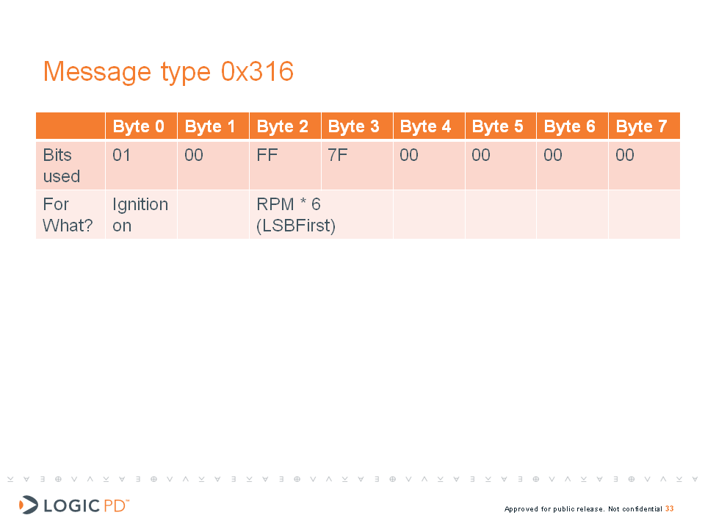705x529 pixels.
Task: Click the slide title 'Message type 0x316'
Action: click(x=169, y=71)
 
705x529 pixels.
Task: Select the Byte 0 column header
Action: click(x=139, y=126)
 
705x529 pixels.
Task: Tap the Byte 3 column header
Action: click(x=354, y=126)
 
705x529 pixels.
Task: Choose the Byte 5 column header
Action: click(x=498, y=126)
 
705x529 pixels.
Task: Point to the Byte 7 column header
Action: click(x=642, y=126)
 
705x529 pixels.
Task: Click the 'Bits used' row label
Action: click(x=62, y=165)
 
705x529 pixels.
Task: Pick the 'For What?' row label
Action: click(x=68, y=215)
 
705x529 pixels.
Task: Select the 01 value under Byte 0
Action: click(x=121, y=155)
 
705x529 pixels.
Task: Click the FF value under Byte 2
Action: click(x=267, y=155)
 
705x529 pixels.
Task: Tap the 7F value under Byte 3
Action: click(x=338, y=155)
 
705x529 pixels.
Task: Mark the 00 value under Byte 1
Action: click(x=194, y=155)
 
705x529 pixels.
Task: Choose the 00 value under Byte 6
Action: click(x=553, y=155)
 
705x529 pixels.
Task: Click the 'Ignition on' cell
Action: click(x=140, y=215)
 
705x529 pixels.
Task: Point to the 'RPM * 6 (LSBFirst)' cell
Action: click(x=296, y=215)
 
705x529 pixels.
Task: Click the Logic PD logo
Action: click(x=74, y=505)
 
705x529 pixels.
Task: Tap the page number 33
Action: click(x=670, y=508)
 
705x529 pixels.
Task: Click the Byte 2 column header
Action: click(x=282, y=126)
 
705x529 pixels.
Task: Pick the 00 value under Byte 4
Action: click(x=409, y=155)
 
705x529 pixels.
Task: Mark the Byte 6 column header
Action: click(x=570, y=126)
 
